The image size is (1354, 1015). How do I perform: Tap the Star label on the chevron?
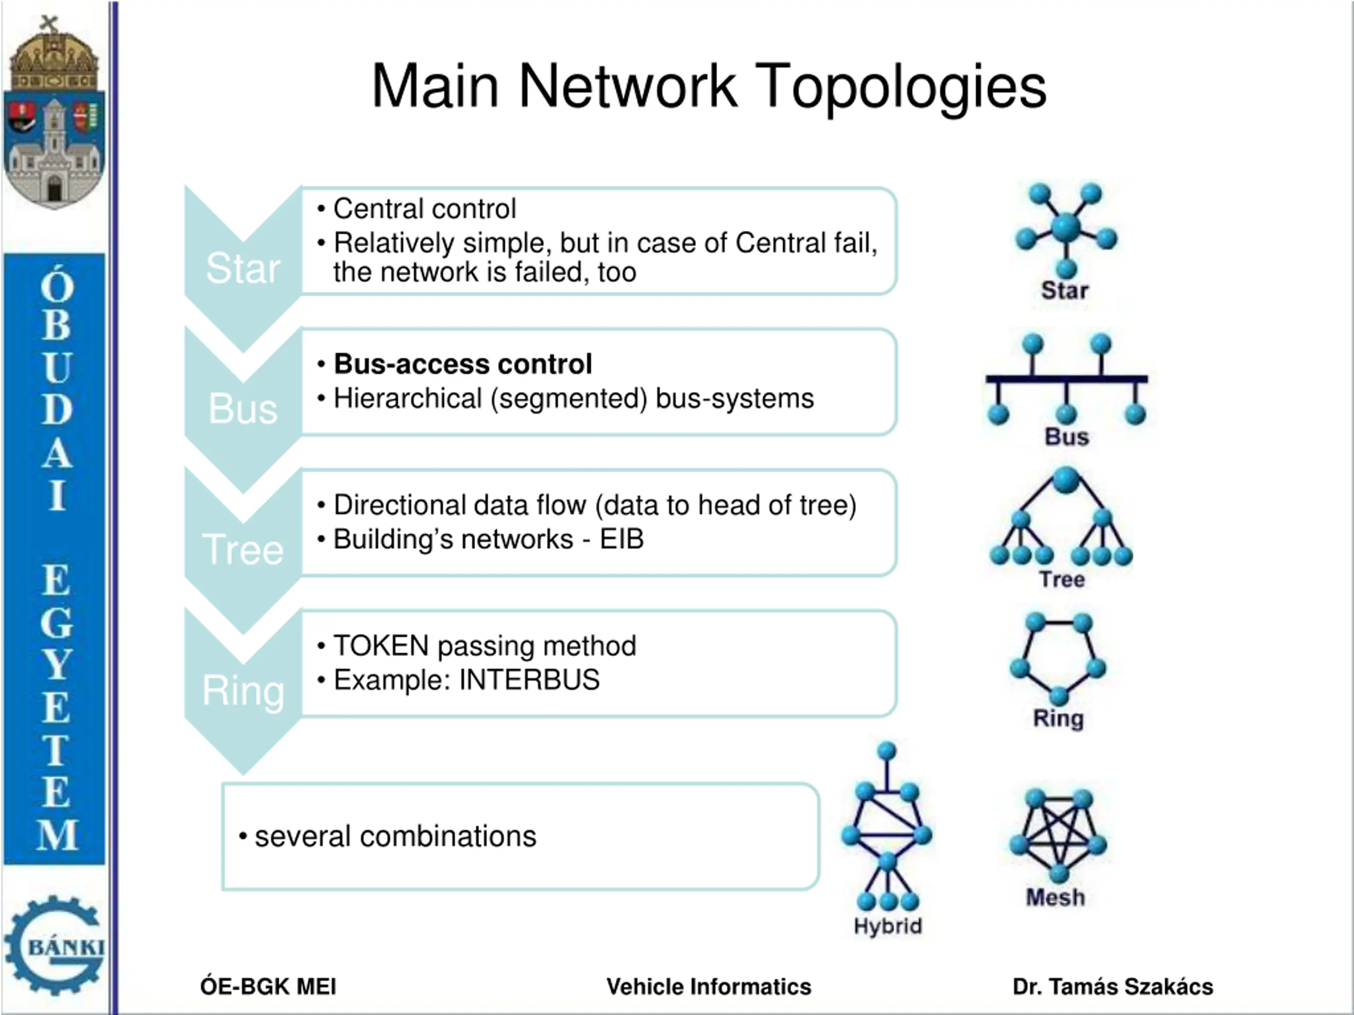[243, 268]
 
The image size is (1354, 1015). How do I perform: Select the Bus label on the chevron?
[243, 408]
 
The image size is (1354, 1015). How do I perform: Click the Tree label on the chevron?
[243, 549]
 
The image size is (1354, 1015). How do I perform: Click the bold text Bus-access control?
[463, 364]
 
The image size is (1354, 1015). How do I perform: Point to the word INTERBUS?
[529, 680]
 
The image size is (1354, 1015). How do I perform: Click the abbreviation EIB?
[622, 539]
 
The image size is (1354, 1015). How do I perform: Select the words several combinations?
[396, 836]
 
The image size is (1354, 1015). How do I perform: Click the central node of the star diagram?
[1066, 226]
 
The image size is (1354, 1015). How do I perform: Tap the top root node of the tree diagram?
[1066, 479]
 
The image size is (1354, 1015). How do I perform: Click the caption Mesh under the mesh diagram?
[1055, 898]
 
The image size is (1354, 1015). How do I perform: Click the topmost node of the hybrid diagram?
[886, 751]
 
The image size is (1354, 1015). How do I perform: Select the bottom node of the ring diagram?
[1058, 696]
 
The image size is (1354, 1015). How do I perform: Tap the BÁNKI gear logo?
[55, 946]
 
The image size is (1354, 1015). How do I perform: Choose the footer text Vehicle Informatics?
[709, 987]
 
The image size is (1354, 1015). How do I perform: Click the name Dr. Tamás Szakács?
[1113, 987]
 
